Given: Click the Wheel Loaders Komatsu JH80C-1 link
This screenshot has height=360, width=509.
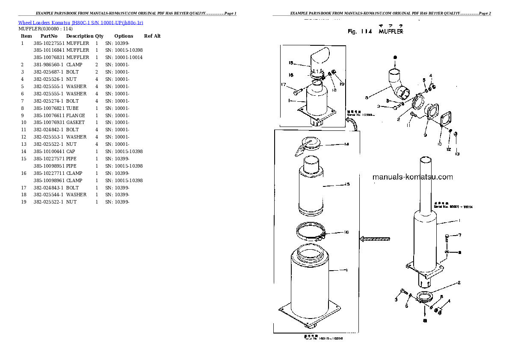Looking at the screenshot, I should (x=80, y=22).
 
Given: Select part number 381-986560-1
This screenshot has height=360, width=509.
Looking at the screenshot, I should (x=48, y=65).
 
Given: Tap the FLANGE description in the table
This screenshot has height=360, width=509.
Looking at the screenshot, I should (x=75, y=115).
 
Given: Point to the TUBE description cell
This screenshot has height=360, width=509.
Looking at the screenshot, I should (x=72, y=108).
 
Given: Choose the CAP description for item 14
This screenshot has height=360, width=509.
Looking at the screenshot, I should (x=71, y=151).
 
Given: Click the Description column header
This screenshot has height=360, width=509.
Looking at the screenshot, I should (x=80, y=36).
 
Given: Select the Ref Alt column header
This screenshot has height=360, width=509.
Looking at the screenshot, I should (x=152, y=36).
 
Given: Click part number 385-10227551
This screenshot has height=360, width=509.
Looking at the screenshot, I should (x=49, y=43).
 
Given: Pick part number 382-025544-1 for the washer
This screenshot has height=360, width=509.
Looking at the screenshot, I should (x=48, y=195).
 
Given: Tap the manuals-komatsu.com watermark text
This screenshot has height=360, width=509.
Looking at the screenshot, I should (x=412, y=177).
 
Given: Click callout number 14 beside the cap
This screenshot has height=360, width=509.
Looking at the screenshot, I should (x=346, y=144).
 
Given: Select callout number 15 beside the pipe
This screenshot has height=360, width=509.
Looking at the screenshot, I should (x=347, y=184).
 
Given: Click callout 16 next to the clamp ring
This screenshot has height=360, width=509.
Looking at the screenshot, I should (x=346, y=232).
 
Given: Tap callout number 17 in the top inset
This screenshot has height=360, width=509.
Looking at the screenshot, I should (x=283, y=84).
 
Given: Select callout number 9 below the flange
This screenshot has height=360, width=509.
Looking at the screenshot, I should (x=425, y=135).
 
